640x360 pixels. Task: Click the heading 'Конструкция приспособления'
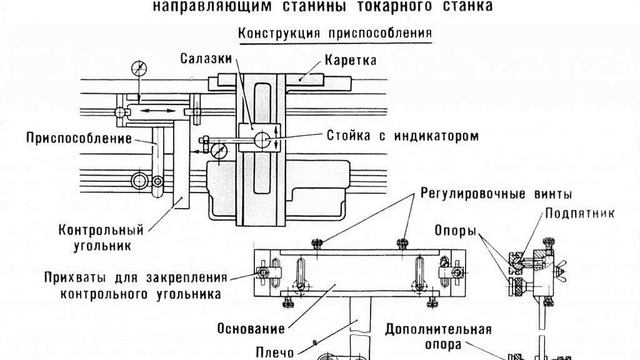pos(332,32)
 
